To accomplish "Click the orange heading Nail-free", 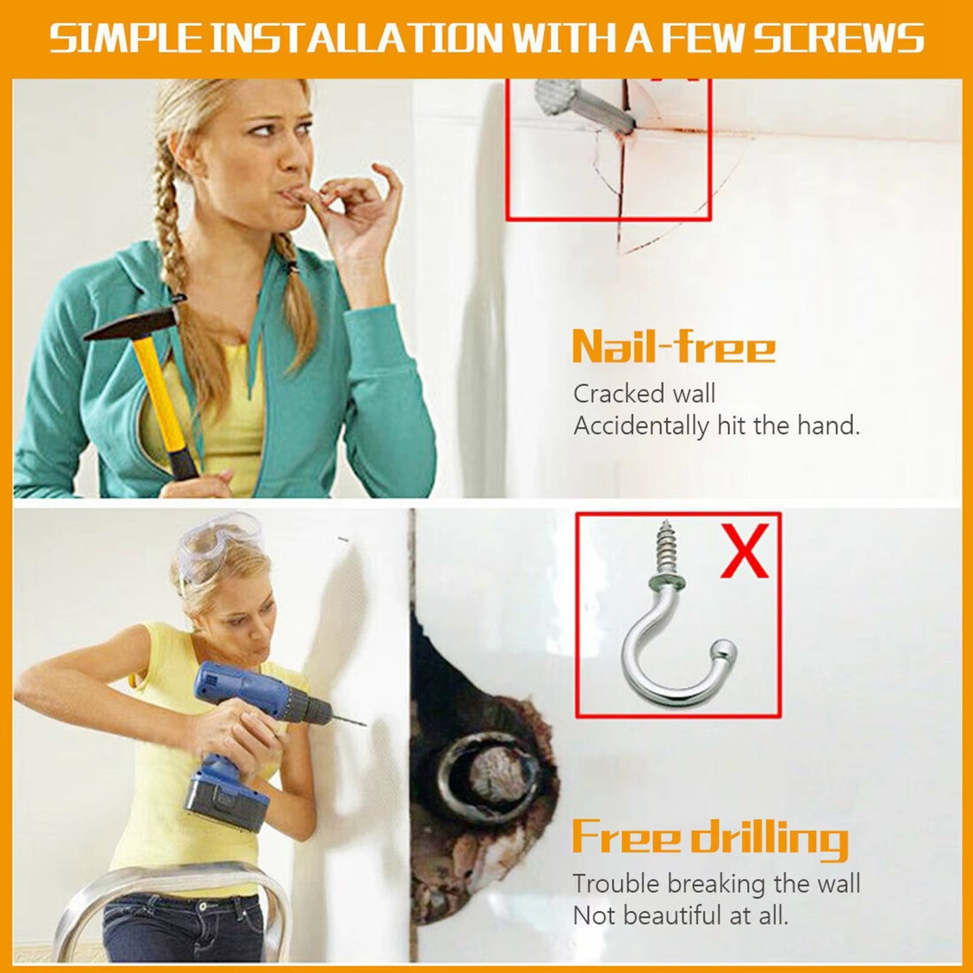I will coord(674,347).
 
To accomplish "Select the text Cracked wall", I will coord(644,394).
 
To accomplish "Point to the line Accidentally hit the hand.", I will coord(716,426).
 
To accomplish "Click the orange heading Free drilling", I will coord(710,838).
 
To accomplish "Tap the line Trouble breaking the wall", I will coord(716,884).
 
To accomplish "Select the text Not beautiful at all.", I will coord(680,915).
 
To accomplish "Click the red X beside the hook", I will coord(745,552).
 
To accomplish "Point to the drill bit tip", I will coord(364,724).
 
